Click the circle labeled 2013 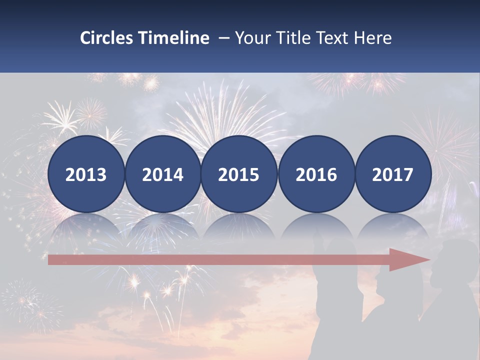86,174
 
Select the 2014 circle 162,174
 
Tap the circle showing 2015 239,174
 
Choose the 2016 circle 316,174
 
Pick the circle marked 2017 392,174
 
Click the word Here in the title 372,38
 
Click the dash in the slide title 223,38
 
